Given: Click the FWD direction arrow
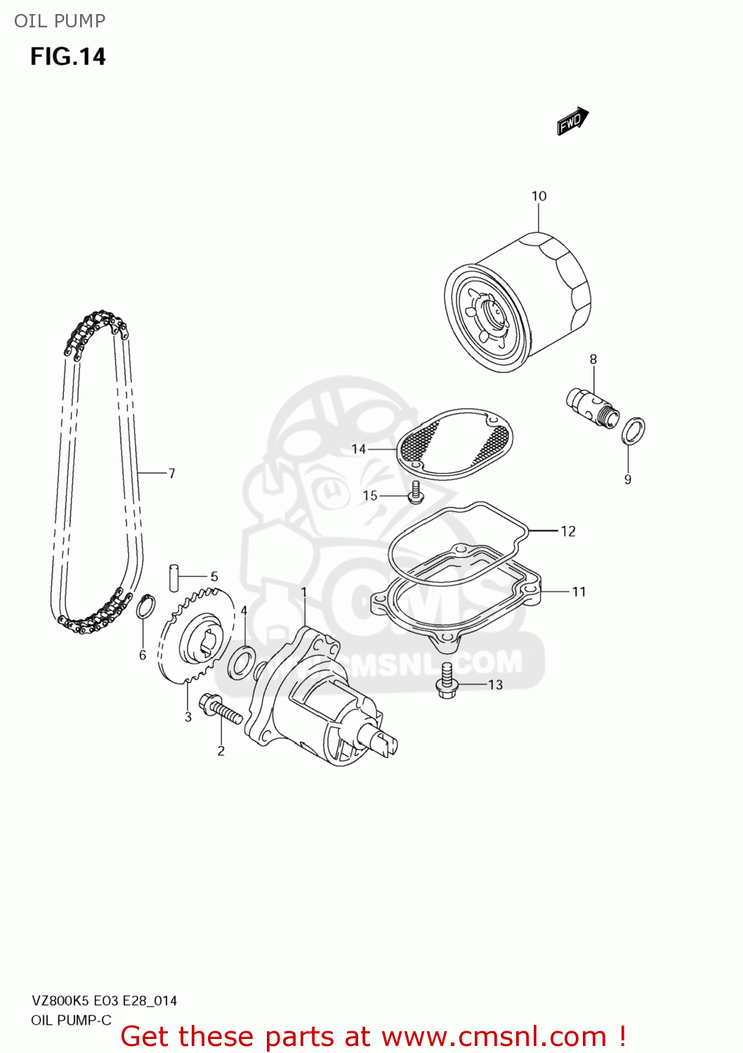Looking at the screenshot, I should click(x=572, y=121).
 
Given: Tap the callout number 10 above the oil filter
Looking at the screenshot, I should click(x=539, y=196).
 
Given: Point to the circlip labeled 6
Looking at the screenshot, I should click(x=145, y=607).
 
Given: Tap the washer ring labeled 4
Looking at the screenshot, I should click(x=242, y=663).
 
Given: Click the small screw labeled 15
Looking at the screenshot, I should click(x=415, y=493).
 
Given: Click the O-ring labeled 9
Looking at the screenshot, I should click(x=633, y=431).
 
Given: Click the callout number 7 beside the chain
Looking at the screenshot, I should click(x=171, y=473).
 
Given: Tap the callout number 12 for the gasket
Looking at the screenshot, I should click(x=567, y=531).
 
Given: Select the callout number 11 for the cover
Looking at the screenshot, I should click(x=579, y=592).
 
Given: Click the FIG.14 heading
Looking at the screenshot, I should click(x=67, y=57).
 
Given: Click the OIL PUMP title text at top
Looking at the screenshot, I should click(x=60, y=21).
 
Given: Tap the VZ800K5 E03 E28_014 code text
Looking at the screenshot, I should click(x=104, y=1000).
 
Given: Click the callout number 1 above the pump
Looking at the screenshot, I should click(x=304, y=592).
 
